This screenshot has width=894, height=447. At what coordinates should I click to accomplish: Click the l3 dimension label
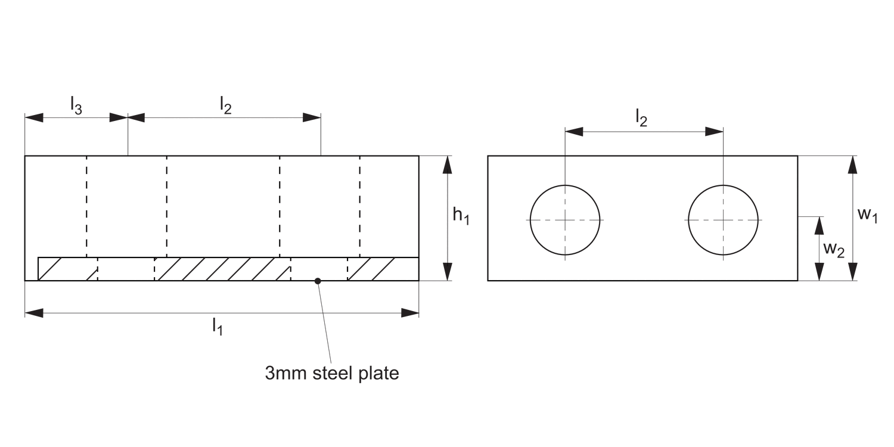point(76,105)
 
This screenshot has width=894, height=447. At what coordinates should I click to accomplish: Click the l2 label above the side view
point(225,105)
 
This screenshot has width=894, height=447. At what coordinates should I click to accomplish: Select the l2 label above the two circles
point(641,120)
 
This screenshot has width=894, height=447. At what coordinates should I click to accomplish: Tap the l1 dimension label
point(217,326)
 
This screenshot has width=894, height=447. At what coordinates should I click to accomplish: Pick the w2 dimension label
point(833,249)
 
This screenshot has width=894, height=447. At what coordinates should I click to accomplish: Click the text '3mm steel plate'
point(332,374)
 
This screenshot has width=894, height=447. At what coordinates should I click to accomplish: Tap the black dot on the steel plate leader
point(318,280)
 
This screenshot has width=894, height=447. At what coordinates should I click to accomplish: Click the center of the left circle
point(565,220)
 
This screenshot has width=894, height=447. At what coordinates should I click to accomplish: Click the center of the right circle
point(723,220)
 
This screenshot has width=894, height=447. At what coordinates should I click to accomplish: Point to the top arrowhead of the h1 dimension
point(448,164)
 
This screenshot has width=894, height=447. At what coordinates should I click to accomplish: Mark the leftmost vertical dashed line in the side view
point(87,206)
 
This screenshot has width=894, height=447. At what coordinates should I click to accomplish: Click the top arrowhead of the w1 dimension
point(853,164)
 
